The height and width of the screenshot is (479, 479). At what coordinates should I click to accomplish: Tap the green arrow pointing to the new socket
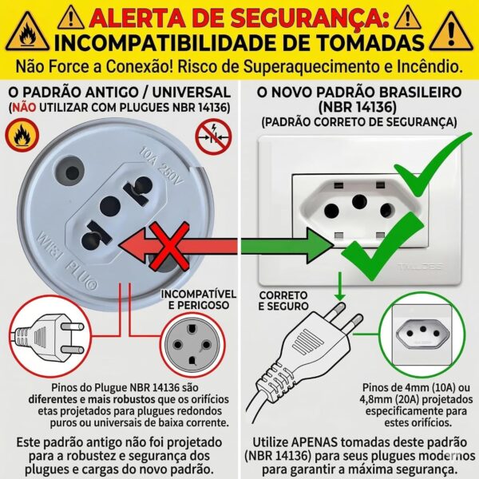point(287,246)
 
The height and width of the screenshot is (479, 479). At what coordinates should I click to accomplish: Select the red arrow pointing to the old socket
point(178,246)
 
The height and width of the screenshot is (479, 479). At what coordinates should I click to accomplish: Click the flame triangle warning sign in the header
point(27,32)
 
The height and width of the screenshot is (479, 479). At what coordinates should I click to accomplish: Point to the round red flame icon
point(22,136)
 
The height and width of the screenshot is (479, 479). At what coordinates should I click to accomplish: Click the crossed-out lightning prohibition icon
point(213,137)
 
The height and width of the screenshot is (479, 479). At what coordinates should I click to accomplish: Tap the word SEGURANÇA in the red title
point(310,18)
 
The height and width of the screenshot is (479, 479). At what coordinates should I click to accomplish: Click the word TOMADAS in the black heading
point(362,43)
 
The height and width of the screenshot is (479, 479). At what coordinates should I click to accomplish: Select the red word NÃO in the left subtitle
point(24,107)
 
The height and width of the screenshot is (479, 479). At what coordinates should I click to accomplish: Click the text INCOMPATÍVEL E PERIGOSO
point(199,299)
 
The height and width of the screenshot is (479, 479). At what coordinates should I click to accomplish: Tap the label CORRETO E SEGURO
point(283,301)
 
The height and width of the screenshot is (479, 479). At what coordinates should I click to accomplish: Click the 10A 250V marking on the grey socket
point(161,167)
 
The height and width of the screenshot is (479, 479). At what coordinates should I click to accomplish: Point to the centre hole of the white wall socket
point(359,201)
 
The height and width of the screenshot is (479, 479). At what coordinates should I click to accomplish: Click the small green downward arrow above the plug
point(340,287)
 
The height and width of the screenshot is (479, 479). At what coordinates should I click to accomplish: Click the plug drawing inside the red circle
point(49,338)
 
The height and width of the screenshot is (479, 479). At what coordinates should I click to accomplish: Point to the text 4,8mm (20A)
point(390,399)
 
